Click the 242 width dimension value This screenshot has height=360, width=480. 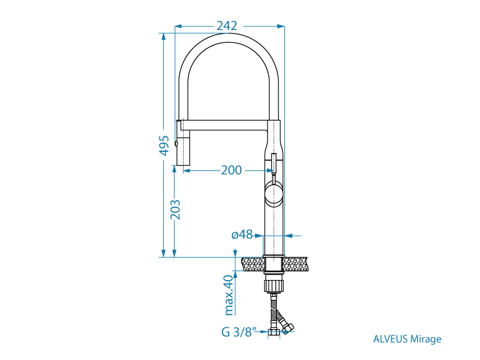point(227,26)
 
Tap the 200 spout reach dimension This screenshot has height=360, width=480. point(231,170)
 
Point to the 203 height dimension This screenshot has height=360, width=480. point(175,209)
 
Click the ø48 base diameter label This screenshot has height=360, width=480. point(242,235)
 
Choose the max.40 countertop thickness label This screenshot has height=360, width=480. point(229,295)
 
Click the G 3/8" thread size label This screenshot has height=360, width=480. point(239,331)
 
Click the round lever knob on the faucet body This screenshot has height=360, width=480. point(273,194)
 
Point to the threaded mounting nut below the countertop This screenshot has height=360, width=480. point(273,283)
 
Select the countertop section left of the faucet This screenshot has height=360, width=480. point(252,263)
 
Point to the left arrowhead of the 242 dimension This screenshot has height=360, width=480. point(178,26)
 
